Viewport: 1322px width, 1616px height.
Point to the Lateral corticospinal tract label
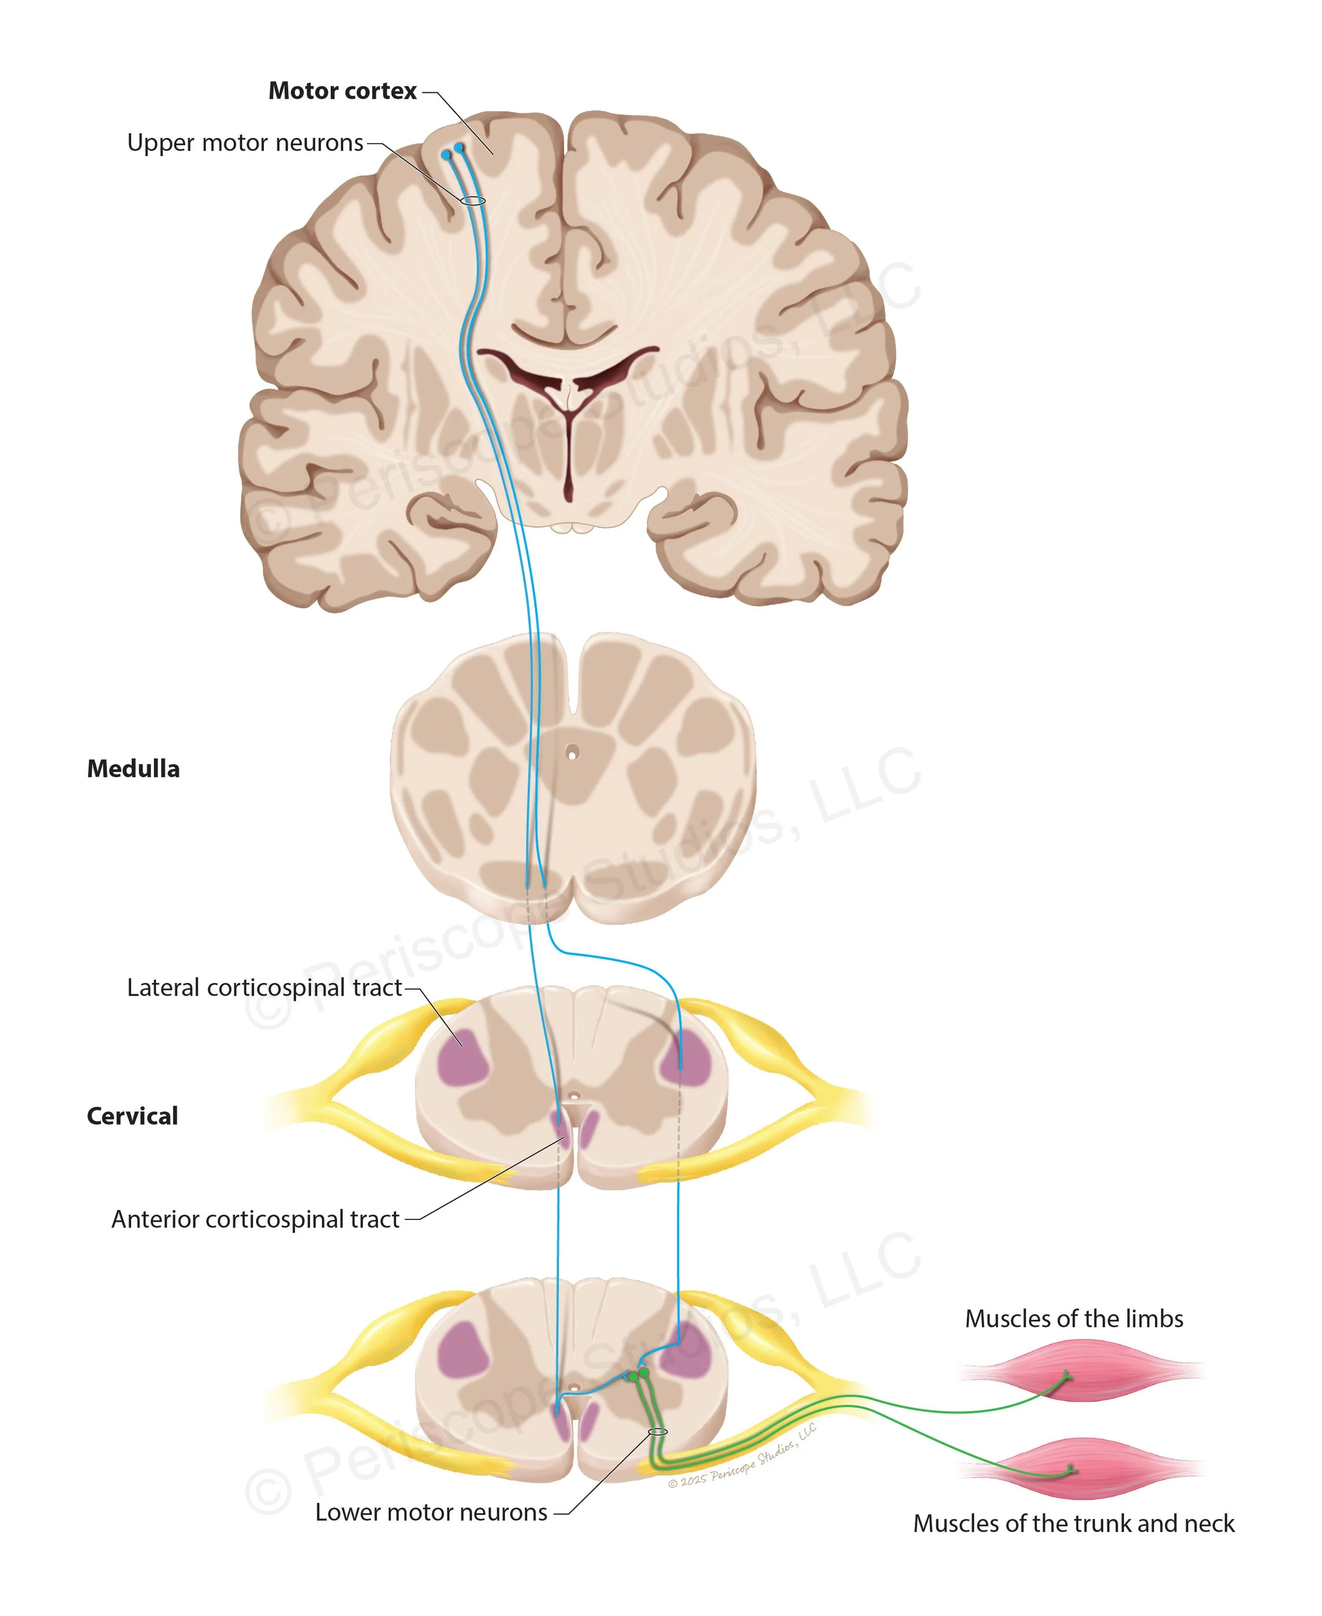[x=263, y=988]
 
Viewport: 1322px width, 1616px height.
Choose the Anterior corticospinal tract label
[x=255, y=1219]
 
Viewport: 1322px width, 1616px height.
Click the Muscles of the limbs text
[x=1074, y=1318]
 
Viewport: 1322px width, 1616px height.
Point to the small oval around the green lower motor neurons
[x=657, y=1431]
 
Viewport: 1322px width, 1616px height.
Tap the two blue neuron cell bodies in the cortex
[x=452, y=151]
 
